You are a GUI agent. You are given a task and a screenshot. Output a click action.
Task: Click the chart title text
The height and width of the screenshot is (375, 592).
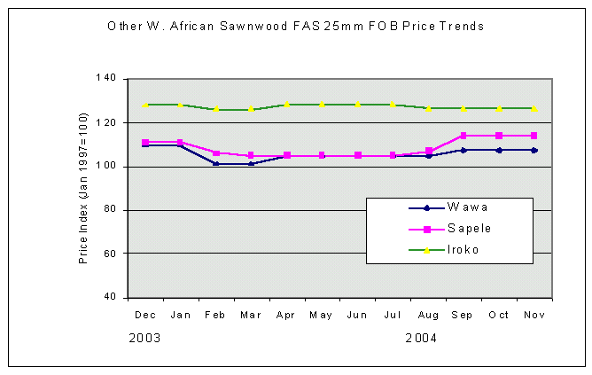pyautogui.click(x=295, y=27)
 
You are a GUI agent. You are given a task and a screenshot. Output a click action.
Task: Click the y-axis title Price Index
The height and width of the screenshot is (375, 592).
pyautogui.click(x=83, y=188)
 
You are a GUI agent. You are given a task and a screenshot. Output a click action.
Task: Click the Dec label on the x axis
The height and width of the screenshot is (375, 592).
pyautogui.click(x=144, y=315)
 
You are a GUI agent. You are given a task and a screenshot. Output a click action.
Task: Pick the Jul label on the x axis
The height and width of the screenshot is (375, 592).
pyautogui.click(x=393, y=315)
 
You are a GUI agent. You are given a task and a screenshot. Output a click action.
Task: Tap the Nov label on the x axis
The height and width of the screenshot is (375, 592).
pyautogui.click(x=534, y=315)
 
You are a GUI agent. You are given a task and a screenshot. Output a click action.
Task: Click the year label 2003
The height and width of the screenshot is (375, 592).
pyautogui.click(x=144, y=338)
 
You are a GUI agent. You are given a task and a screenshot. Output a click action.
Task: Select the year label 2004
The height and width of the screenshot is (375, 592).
pyautogui.click(x=421, y=338)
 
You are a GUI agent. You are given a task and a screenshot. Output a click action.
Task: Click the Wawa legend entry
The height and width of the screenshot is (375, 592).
pyautogui.click(x=466, y=208)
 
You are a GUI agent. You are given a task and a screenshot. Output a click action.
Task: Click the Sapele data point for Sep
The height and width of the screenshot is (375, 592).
pyautogui.click(x=463, y=136)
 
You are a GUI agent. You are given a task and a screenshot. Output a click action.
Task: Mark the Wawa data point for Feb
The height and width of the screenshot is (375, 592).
pyautogui.click(x=215, y=163)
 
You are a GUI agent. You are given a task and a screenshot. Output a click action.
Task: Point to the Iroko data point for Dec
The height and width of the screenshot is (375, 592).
pyautogui.click(x=144, y=105)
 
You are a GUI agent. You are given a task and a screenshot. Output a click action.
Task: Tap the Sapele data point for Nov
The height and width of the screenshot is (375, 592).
pyautogui.click(x=534, y=136)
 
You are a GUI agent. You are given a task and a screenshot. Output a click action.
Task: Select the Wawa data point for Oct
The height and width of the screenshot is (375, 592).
pyautogui.click(x=499, y=150)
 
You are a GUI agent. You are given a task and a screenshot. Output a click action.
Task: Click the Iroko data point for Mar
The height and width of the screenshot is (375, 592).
pyautogui.click(x=251, y=109)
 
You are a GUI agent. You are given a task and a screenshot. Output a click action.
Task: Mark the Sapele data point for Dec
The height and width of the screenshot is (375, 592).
pyautogui.click(x=144, y=142)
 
